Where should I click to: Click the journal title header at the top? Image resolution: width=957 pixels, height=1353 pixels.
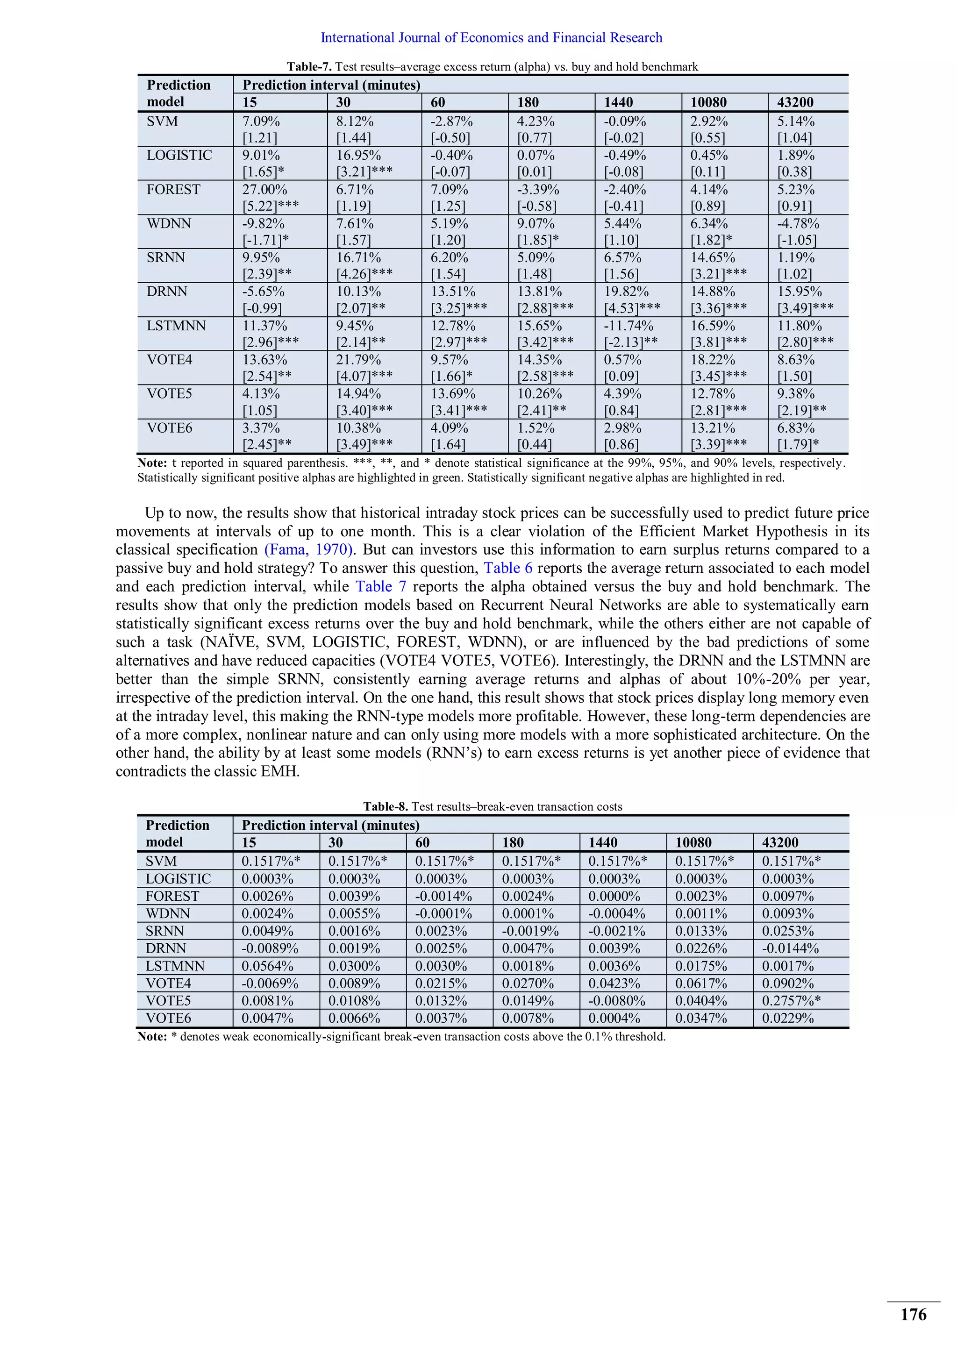pyautogui.click(x=491, y=38)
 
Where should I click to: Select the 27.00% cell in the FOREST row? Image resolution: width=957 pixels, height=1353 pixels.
pyautogui.click(x=264, y=190)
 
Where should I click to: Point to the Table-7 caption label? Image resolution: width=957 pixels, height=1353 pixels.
pyautogui.click(x=309, y=67)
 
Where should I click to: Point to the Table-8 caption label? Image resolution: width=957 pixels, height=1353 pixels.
pyautogui.click(x=386, y=807)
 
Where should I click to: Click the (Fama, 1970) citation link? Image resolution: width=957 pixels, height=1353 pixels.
pyautogui.click(x=309, y=550)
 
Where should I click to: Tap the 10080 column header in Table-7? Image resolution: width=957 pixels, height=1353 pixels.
pyautogui.click(x=708, y=102)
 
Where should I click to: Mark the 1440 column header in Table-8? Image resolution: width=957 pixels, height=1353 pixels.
pyautogui.click(x=603, y=843)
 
